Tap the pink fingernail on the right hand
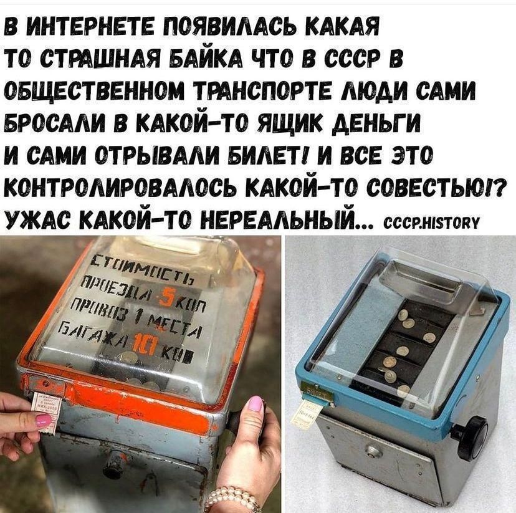256,403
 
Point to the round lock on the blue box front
372,450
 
